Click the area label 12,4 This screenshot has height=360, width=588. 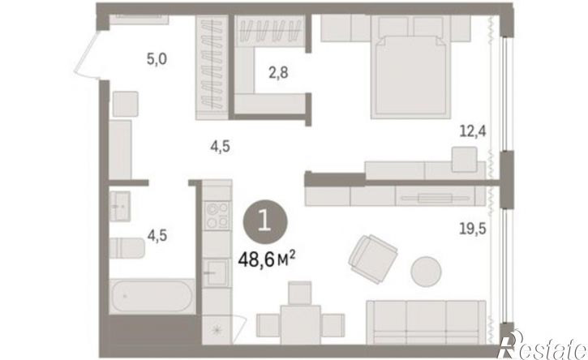473,131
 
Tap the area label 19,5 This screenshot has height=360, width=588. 473,228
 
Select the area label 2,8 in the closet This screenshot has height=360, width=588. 278,72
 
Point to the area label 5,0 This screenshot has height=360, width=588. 157,59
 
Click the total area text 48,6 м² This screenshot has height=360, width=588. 267,259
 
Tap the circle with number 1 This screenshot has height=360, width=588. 265,221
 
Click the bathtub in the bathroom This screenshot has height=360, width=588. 152,296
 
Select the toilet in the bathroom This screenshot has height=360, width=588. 127,247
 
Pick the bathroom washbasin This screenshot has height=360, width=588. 120,206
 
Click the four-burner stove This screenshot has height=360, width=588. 217,216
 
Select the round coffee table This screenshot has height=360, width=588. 426,271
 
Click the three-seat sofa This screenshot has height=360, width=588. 426,322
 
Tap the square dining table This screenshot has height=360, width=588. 300,325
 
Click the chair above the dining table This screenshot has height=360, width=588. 300,293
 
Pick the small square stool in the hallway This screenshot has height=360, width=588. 126,104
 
